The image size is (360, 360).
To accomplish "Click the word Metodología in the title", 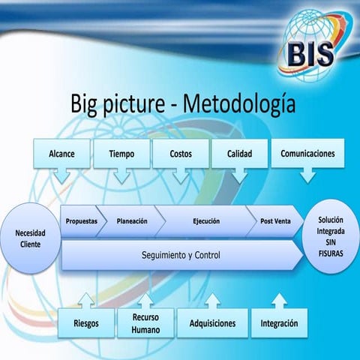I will coord(239,103).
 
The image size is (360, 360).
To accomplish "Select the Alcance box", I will coord(61,154).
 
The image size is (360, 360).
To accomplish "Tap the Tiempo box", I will coord(121,154).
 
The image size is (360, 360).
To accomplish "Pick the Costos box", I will coord(180,154).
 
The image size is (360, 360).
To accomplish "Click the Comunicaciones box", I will coord(307,154).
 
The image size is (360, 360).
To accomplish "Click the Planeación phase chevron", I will coord(132,221).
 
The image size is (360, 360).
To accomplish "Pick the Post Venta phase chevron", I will coord(275,221).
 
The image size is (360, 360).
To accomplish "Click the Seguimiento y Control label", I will coord(181,255).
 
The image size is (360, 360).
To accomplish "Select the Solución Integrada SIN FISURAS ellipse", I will coord(331,236).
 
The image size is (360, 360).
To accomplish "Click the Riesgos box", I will coord(87,323).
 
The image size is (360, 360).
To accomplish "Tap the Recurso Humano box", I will coord(145,323).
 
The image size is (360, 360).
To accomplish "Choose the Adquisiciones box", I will coord(211,323).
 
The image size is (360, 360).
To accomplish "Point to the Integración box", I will coord(279,323).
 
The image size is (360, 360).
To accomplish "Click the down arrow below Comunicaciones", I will coord(307,176).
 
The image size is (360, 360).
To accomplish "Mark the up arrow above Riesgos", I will coord(87,299).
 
